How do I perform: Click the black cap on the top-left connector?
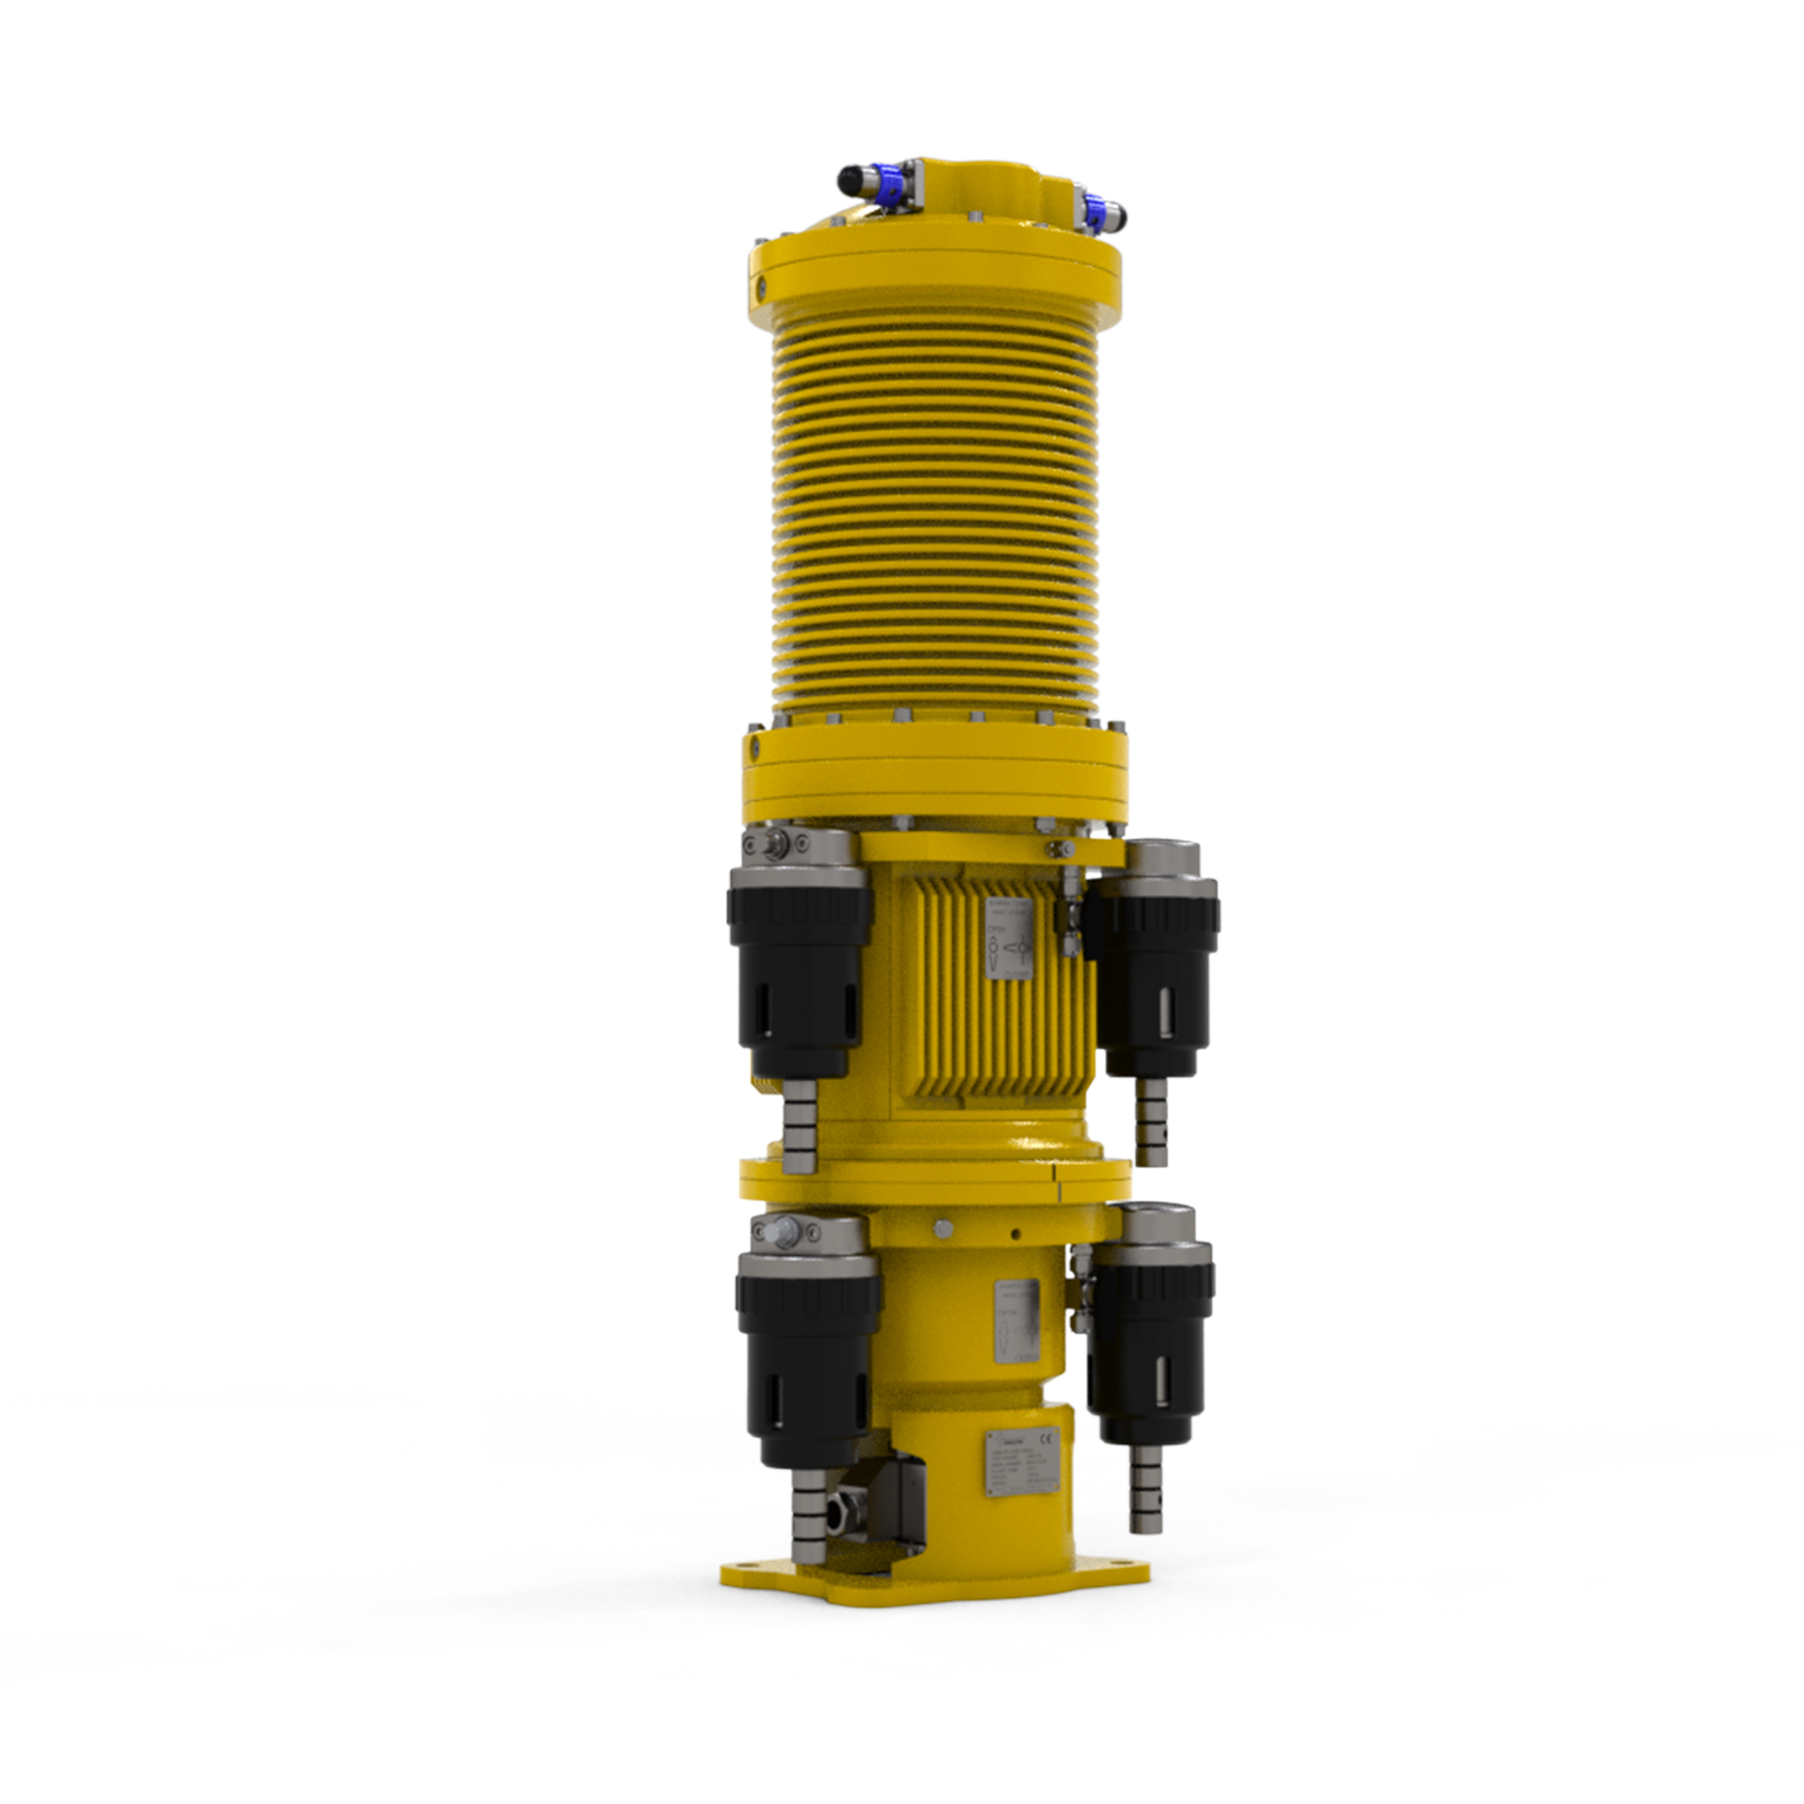(851, 176)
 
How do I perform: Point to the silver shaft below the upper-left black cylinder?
(800, 1123)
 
